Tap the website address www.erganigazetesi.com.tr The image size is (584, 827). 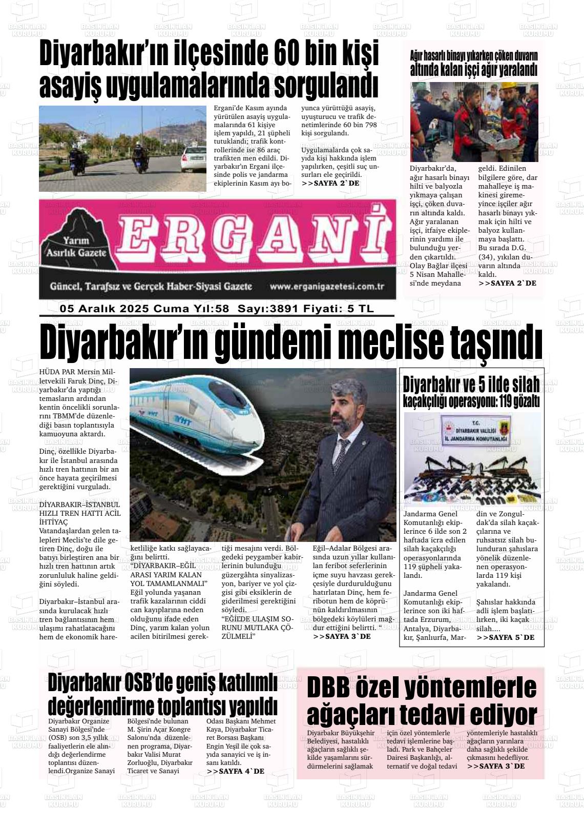coord(327,287)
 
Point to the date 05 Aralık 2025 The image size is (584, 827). coord(104,309)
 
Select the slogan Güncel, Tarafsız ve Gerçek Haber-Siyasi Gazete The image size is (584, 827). coord(151,287)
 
